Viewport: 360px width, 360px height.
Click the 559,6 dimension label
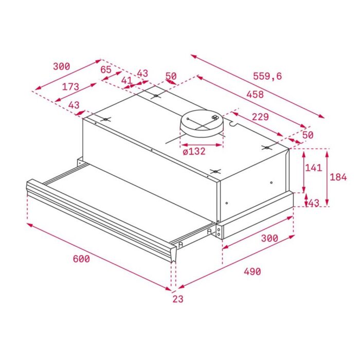point(267,76)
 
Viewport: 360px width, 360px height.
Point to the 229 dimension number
point(260,117)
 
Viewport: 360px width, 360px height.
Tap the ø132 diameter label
point(194,151)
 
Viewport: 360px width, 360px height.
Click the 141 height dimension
point(313,168)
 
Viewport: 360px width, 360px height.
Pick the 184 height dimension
point(338,177)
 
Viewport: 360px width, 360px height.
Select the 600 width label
point(81,259)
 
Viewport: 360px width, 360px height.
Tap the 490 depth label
point(251,271)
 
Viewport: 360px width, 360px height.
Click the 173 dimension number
point(70,87)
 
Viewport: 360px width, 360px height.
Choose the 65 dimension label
point(106,70)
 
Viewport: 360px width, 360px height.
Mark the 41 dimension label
point(127,80)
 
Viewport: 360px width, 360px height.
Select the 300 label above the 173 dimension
point(61,66)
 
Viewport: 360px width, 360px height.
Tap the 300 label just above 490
point(269,238)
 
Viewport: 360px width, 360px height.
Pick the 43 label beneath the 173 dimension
point(74,105)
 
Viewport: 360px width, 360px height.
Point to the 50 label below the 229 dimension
point(308,135)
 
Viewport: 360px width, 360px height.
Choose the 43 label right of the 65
point(142,73)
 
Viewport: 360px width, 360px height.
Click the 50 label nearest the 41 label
point(171,77)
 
